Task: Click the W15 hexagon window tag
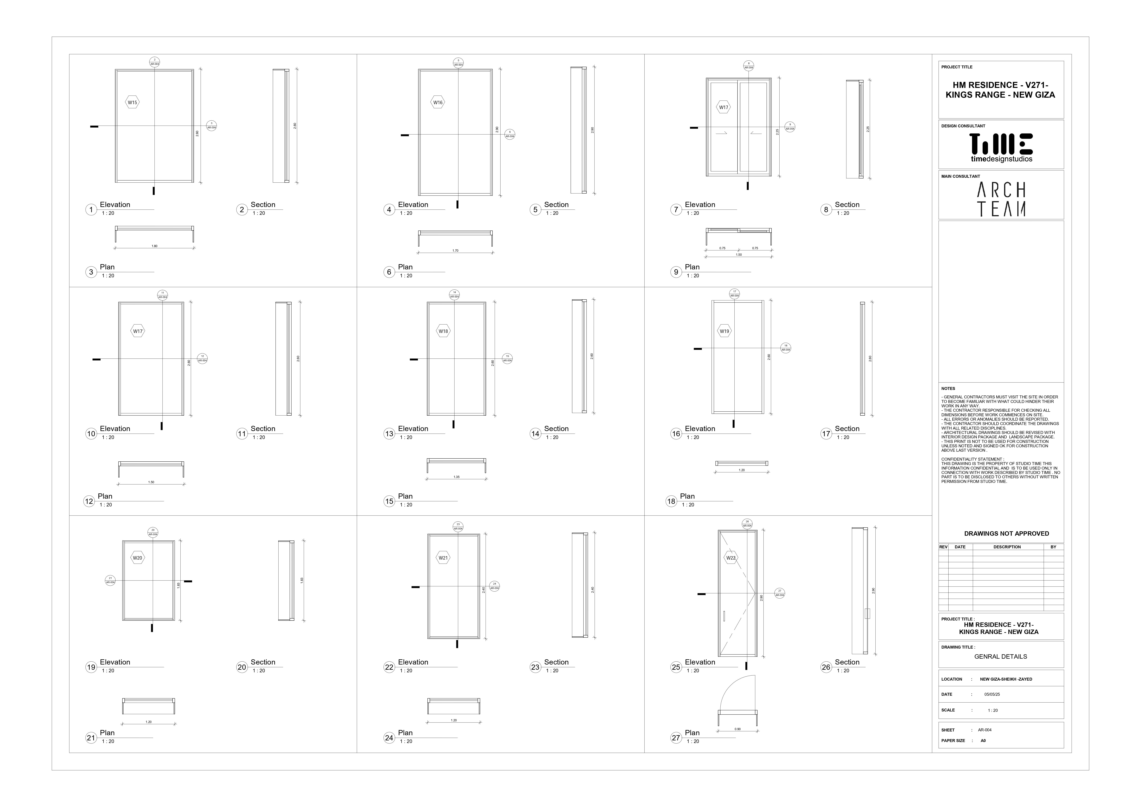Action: [132, 103]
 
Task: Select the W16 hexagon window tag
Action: [437, 103]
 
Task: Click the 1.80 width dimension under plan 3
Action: [155, 246]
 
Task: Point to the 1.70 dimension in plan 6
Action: [455, 251]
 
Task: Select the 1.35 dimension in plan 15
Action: [456, 477]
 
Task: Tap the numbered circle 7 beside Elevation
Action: [676, 210]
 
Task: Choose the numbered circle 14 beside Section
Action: [535, 434]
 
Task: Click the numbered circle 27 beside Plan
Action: [676, 738]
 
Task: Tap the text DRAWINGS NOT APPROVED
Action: [1006, 534]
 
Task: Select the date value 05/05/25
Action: [992, 695]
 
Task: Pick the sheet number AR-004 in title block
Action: [985, 730]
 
